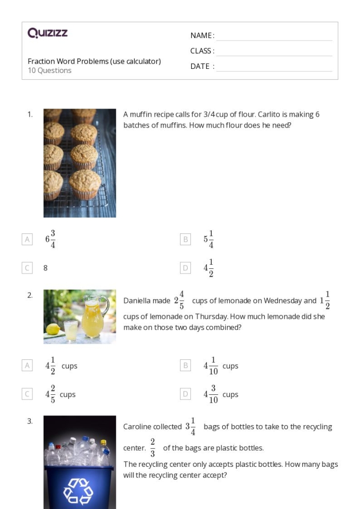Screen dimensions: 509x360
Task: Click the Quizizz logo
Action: pos(48,33)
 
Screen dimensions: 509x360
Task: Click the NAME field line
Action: pos(274,37)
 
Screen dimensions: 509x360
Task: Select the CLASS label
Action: pos(202,51)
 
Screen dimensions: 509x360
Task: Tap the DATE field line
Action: pos(274,67)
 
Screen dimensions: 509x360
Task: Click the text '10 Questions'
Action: pos(49,70)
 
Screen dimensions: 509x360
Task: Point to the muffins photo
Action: pos(80,162)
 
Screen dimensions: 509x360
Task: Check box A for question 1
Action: pos(27,239)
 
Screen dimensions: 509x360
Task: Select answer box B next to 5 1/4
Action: pos(185,239)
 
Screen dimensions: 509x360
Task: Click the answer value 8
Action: pos(46,268)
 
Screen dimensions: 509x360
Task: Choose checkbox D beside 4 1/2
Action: pos(185,268)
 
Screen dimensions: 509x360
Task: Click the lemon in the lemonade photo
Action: pos(53,329)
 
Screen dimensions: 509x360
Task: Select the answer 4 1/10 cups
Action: pos(221,366)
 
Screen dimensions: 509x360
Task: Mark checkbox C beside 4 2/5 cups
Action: pos(27,394)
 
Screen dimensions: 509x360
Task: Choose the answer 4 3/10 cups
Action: pos(221,394)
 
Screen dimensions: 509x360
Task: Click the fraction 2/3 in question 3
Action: pos(153,448)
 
